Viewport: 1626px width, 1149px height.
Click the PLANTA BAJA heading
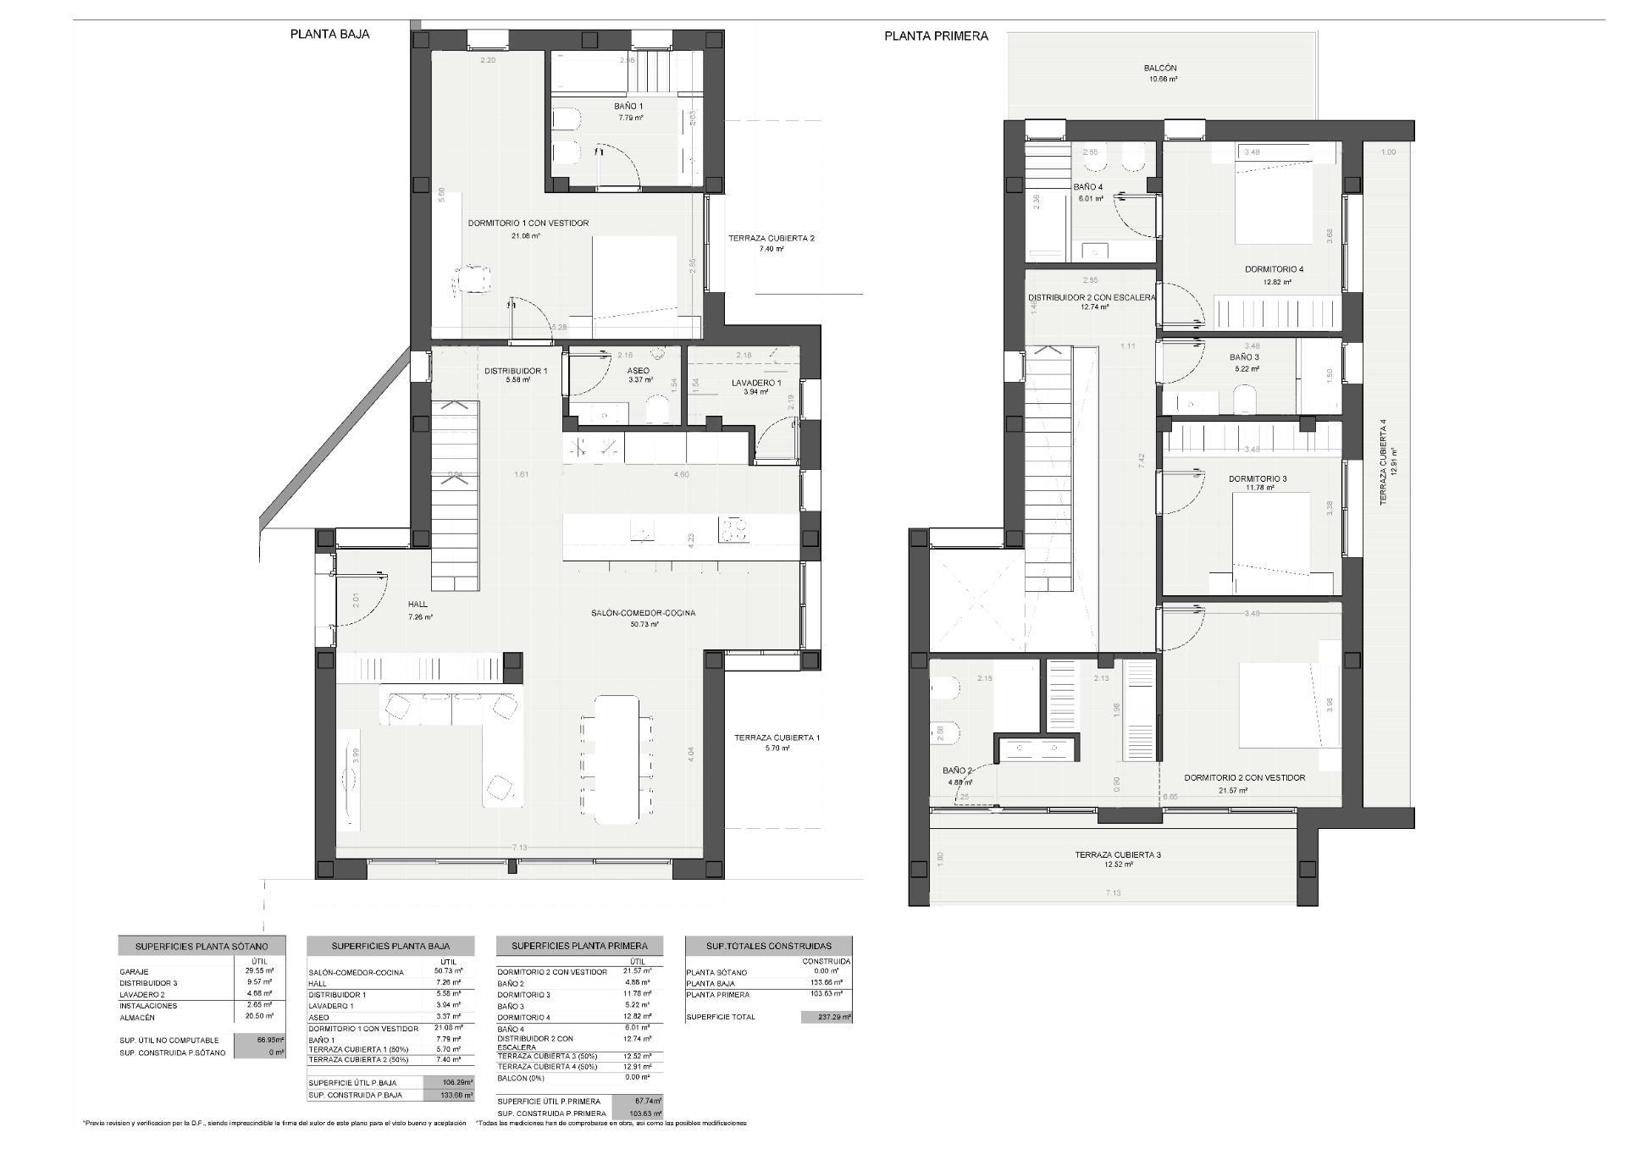tap(329, 35)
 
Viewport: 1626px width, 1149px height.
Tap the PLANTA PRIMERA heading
tap(936, 36)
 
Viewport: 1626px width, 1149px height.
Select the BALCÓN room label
tap(1160, 69)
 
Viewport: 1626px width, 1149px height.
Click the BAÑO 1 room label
tap(628, 107)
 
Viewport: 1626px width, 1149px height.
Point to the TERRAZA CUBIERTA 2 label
tap(771, 239)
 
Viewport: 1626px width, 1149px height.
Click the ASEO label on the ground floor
tap(639, 371)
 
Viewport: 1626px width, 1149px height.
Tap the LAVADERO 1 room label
tap(755, 383)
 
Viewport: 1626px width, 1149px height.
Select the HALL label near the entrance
tap(418, 605)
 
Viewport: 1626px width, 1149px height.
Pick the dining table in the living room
tap(617, 759)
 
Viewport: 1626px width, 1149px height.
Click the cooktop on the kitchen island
tap(733, 531)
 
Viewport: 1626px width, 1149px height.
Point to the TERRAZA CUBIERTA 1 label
tap(777, 737)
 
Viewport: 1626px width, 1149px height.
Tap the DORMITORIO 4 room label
tap(1274, 269)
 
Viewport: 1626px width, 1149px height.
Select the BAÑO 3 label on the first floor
tap(1244, 357)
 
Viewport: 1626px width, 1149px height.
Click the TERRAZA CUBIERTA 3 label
tap(1118, 854)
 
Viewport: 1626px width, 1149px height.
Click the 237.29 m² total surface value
tap(826, 1017)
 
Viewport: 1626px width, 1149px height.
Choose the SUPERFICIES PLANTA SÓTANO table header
tap(202, 946)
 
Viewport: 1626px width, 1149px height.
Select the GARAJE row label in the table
tap(135, 972)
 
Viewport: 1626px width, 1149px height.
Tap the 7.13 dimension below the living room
tap(519, 848)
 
